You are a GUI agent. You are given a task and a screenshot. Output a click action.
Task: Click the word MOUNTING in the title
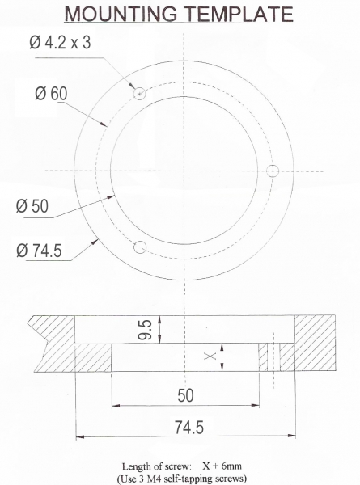[x=121, y=14]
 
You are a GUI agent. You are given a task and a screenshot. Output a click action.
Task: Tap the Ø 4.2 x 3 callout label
[x=60, y=42]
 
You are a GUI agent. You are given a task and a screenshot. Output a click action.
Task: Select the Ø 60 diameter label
[x=51, y=93]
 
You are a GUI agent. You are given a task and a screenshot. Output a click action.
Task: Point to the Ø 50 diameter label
[x=32, y=205]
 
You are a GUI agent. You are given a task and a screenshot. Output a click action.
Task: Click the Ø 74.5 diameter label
[x=39, y=251]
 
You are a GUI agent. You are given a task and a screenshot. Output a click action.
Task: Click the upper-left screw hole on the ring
[x=140, y=93]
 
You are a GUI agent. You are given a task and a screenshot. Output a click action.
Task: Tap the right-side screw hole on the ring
[x=273, y=171]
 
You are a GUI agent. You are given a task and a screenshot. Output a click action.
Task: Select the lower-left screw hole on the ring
[x=140, y=247]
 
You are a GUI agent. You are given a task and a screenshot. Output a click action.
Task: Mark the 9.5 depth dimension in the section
[x=145, y=330]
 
